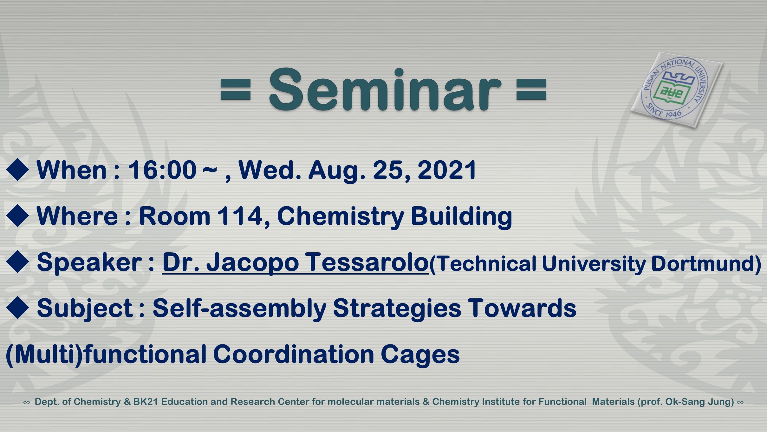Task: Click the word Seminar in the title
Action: coord(385,90)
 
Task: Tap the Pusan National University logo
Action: coord(677,90)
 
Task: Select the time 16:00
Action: coord(162,170)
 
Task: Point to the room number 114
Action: coord(240,216)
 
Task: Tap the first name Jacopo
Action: coord(253,263)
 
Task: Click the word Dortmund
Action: coord(703,264)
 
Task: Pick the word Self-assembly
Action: coord(240,308)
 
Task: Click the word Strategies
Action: coord(397,308)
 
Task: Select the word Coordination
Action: coord(294,354)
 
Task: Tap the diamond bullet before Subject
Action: coord(17,308)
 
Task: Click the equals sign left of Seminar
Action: coord(236,90)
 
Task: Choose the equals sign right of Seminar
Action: coord(531,90)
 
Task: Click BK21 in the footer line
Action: coord(146,402)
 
